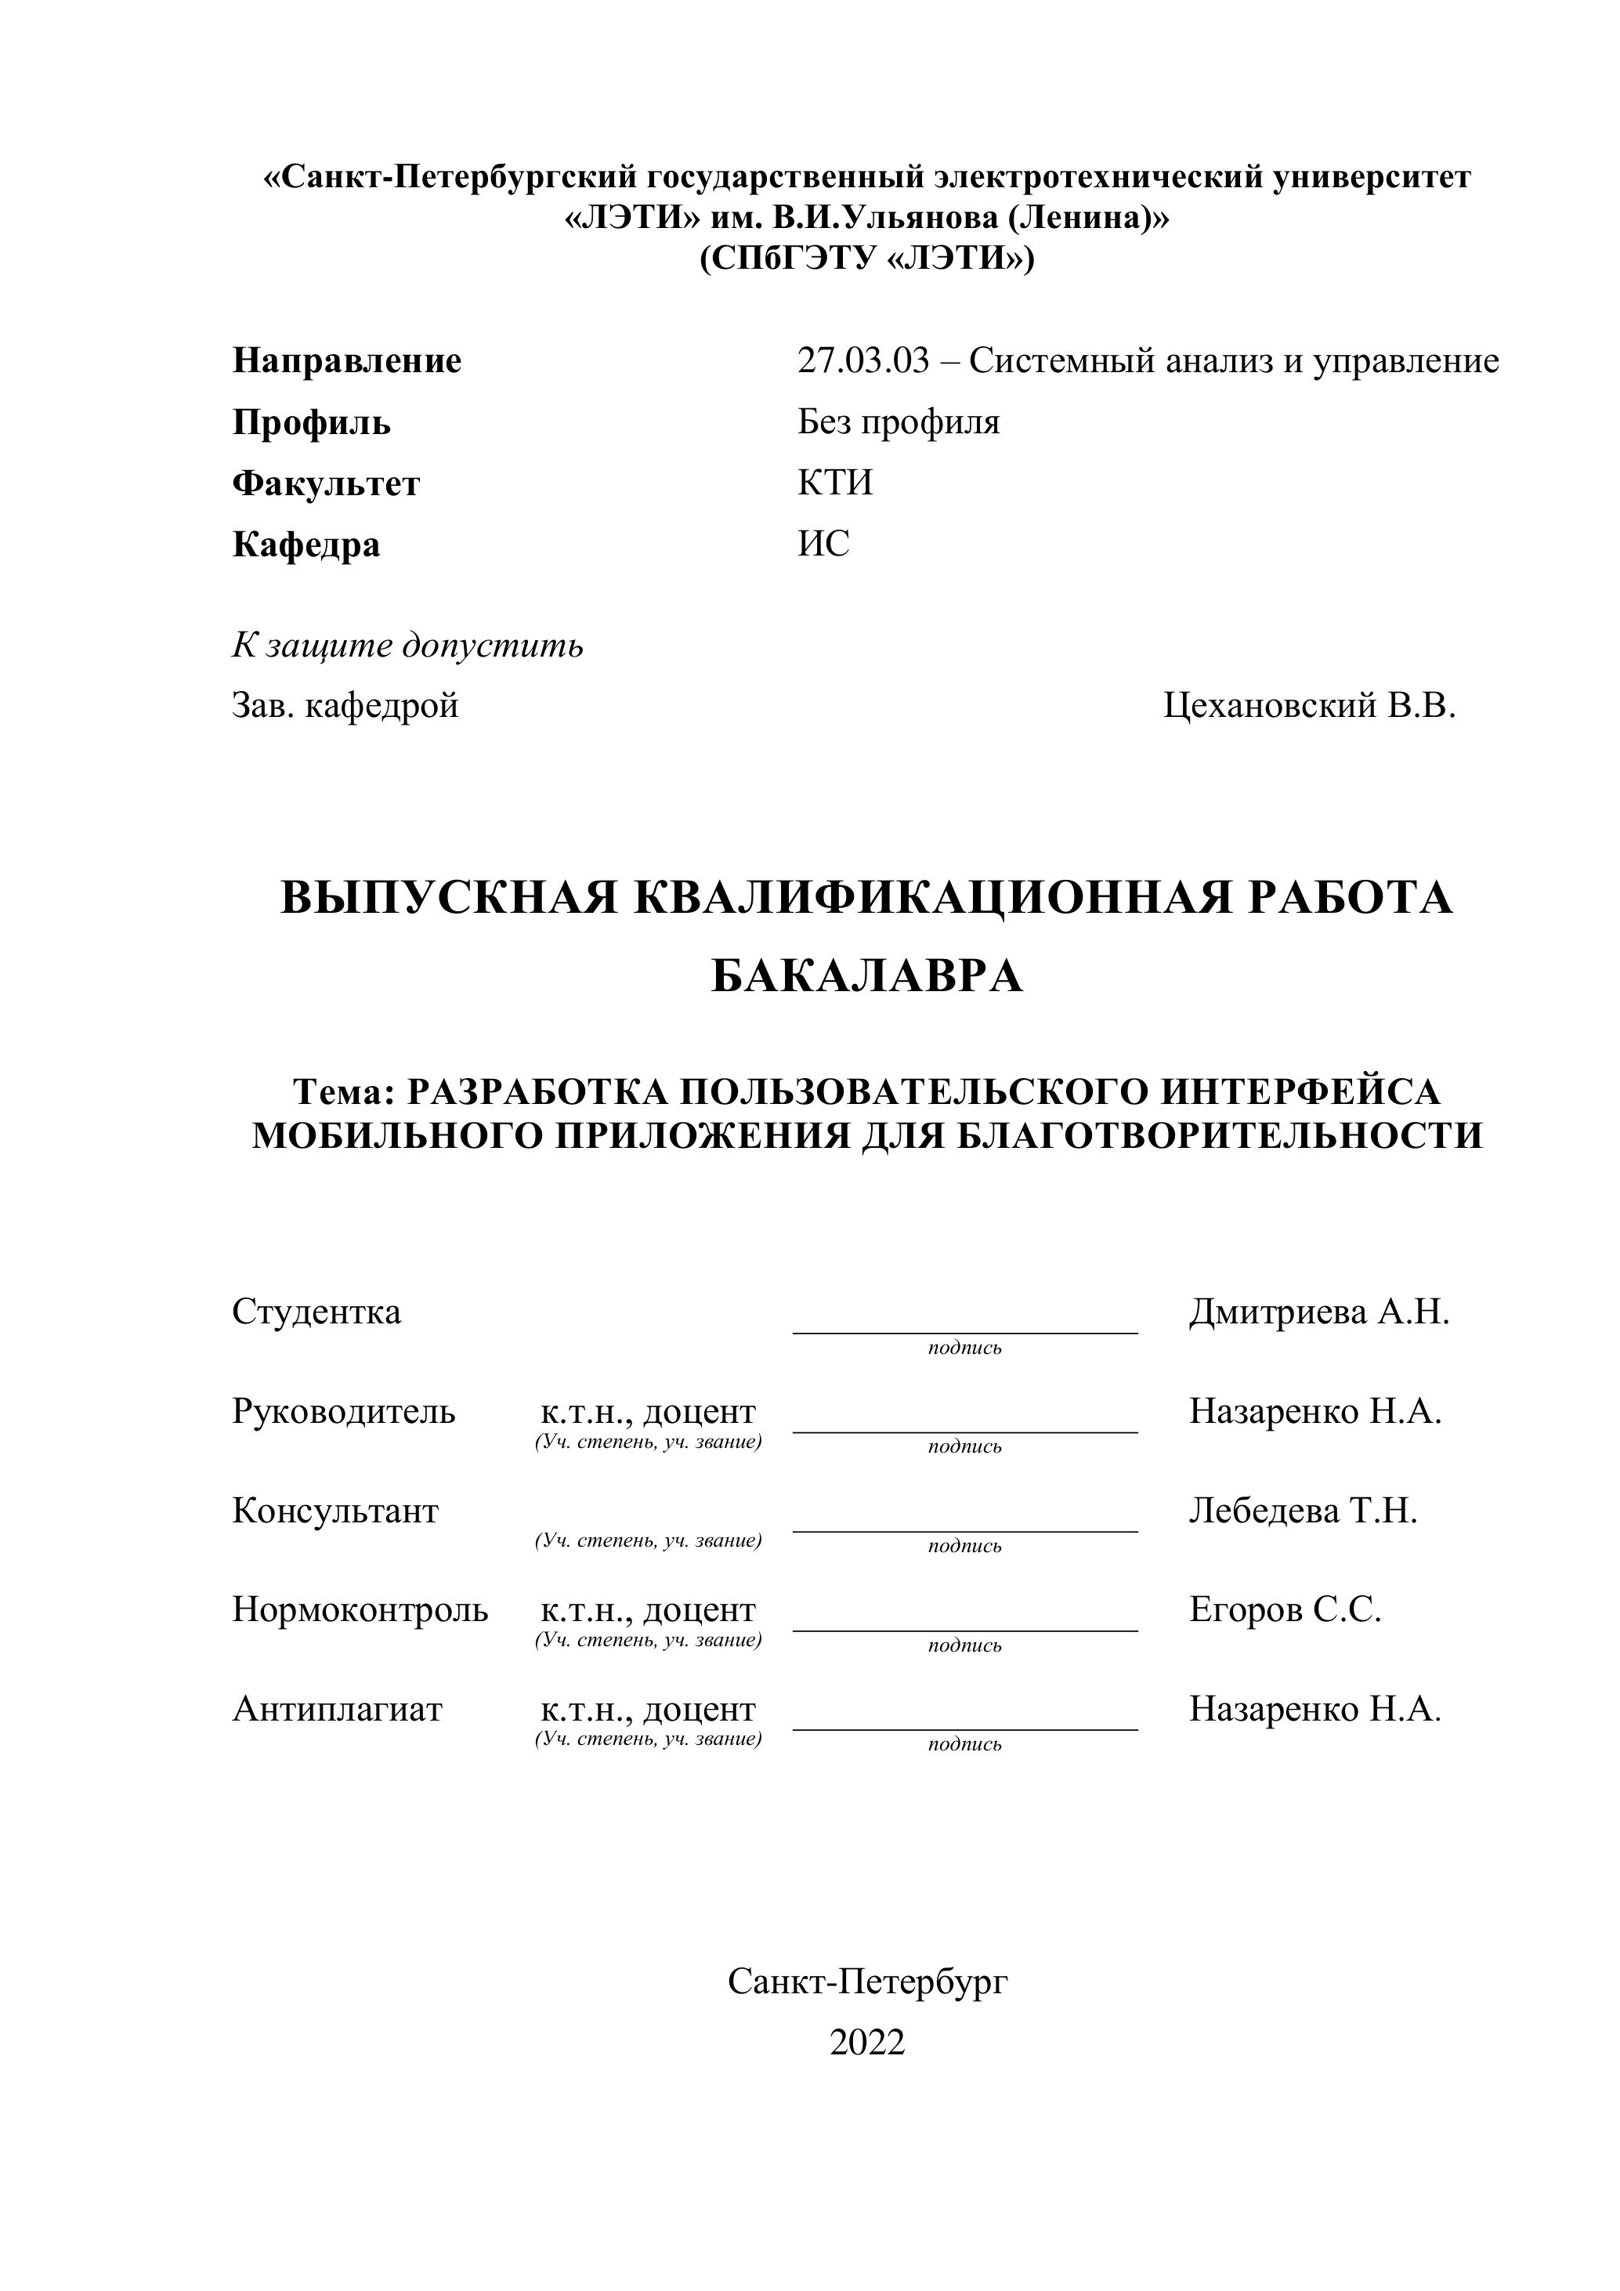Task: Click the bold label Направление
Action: [347, 361]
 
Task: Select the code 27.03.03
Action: [862, 361]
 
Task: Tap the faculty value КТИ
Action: [835, 484]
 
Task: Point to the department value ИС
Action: [823, 545]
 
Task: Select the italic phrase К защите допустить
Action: [408, 646]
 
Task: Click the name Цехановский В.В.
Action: [1309, 707]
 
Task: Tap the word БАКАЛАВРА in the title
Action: [867, 977]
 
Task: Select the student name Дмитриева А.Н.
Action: [1318, 1312]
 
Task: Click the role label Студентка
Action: [316, 1312]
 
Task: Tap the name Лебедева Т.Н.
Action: [1303, 1511]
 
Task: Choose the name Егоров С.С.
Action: [1285, 1609]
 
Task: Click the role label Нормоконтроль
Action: [360, 1609]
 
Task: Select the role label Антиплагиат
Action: [337, 1710]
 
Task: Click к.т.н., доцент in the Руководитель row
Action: [649, 1413]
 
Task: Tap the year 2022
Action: [867, 2043]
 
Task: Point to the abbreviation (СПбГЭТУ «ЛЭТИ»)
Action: [867, 259]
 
